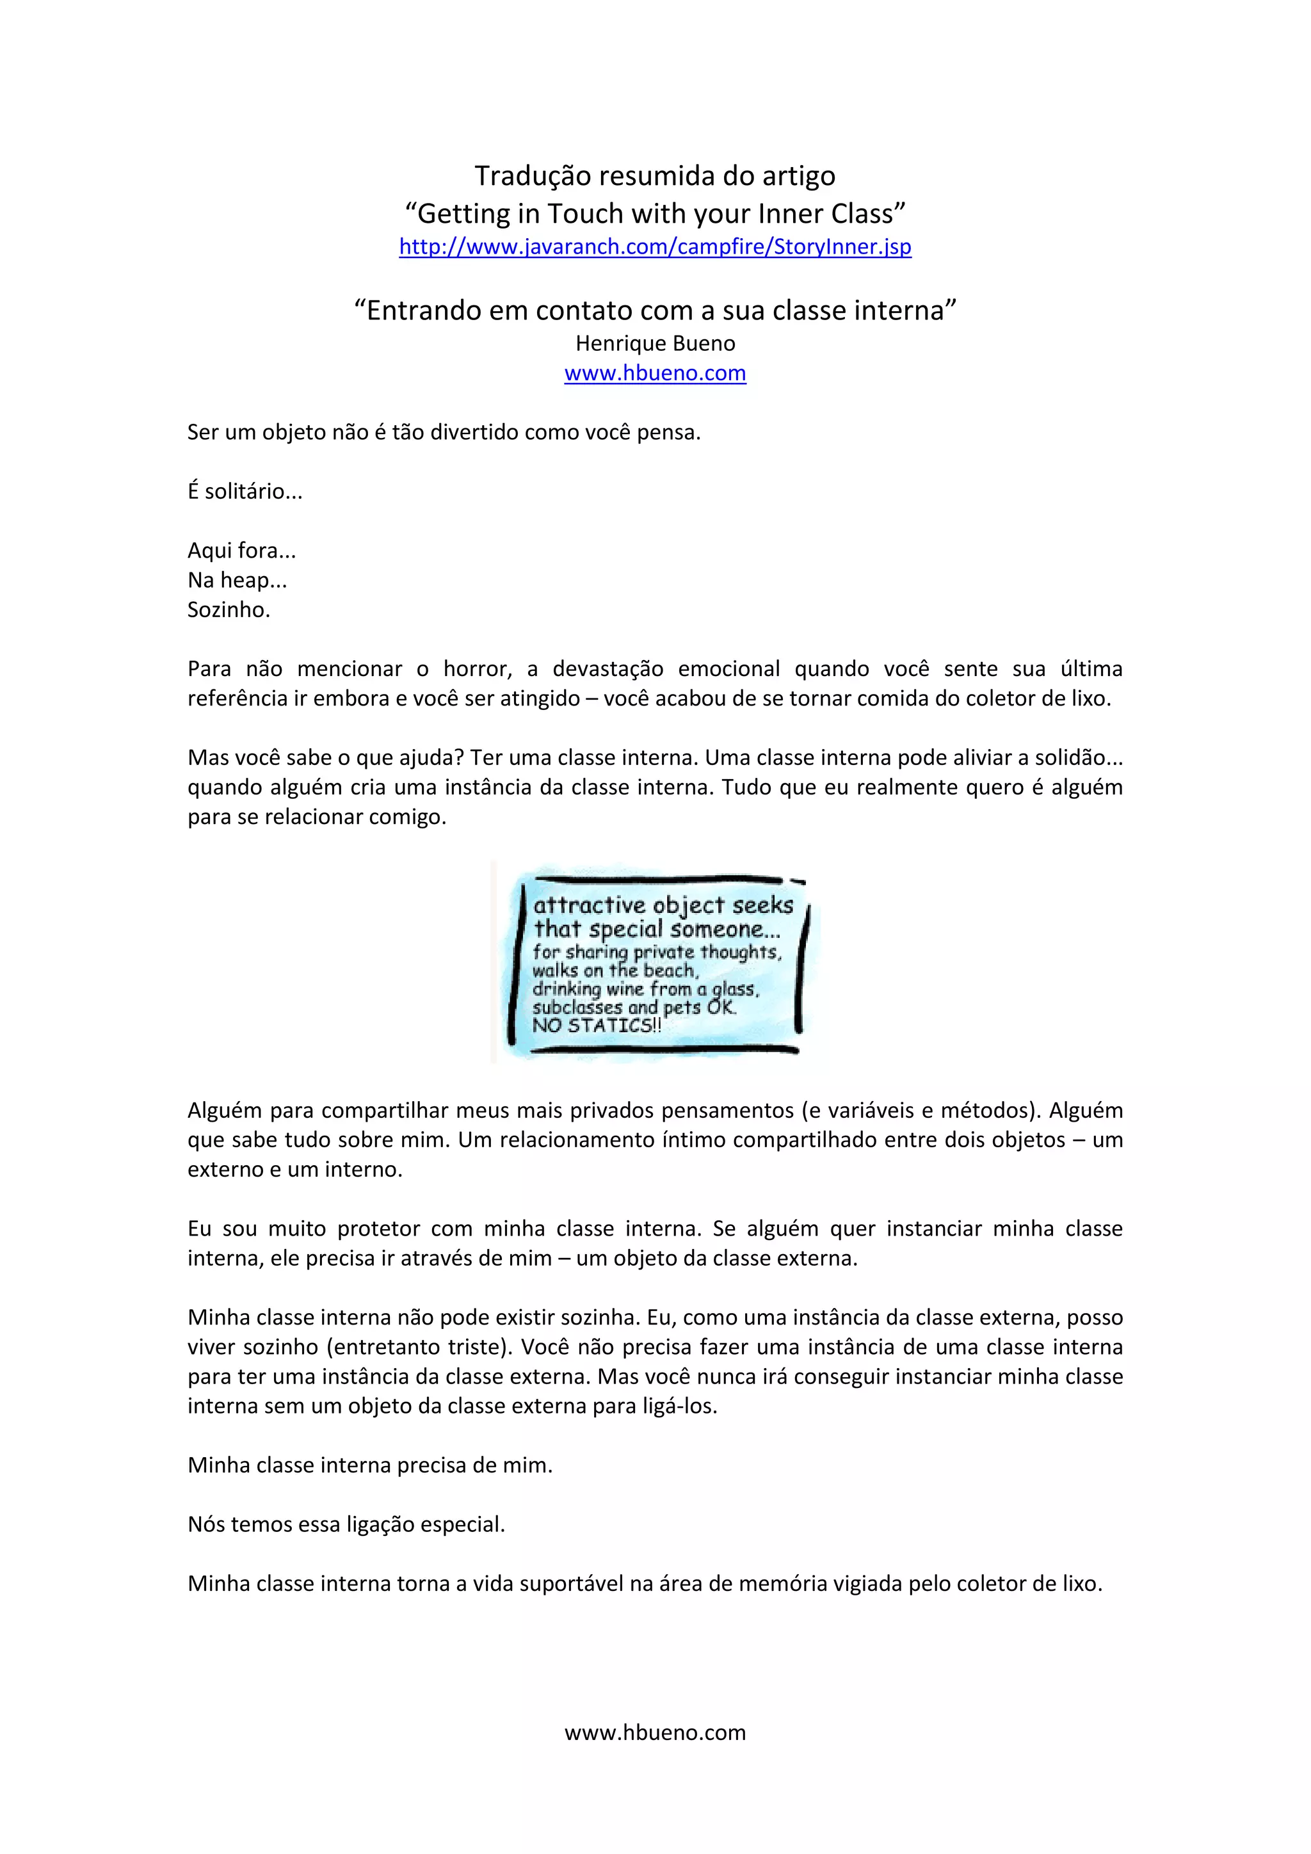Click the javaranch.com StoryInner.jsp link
655,246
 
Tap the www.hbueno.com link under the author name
655,373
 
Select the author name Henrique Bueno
655,343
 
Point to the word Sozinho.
229,609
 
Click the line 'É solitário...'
245,491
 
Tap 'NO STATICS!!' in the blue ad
596,1026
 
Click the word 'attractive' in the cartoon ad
590,905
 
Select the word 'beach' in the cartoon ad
669,970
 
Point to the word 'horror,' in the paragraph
476,668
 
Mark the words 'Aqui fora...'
241,551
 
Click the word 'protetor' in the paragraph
378,1229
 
